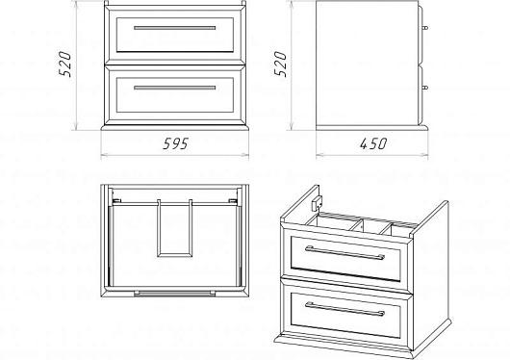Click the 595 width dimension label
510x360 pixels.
point(176,143)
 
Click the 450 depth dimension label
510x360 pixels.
point(373,143)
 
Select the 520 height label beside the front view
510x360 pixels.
point(65,64)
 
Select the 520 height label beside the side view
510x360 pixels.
point(280,64)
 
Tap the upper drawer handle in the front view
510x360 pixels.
point(175,28)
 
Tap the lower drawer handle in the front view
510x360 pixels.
point(175,88)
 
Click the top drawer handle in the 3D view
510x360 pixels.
point(344,253)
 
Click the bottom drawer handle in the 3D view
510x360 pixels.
point(344,309)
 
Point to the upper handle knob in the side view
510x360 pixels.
point(424,28)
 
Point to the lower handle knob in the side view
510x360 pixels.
point(424,88)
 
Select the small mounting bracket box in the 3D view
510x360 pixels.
point(316,204)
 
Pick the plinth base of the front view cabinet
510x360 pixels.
point(175,128)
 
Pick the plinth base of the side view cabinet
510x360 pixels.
point(372,128)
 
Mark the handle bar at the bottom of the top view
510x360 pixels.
point(175,294)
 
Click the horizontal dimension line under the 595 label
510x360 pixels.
point(175,155)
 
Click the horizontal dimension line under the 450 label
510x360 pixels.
point(372,155)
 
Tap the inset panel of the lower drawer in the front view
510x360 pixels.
point(175,95)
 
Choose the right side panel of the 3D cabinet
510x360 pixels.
point(431,276)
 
